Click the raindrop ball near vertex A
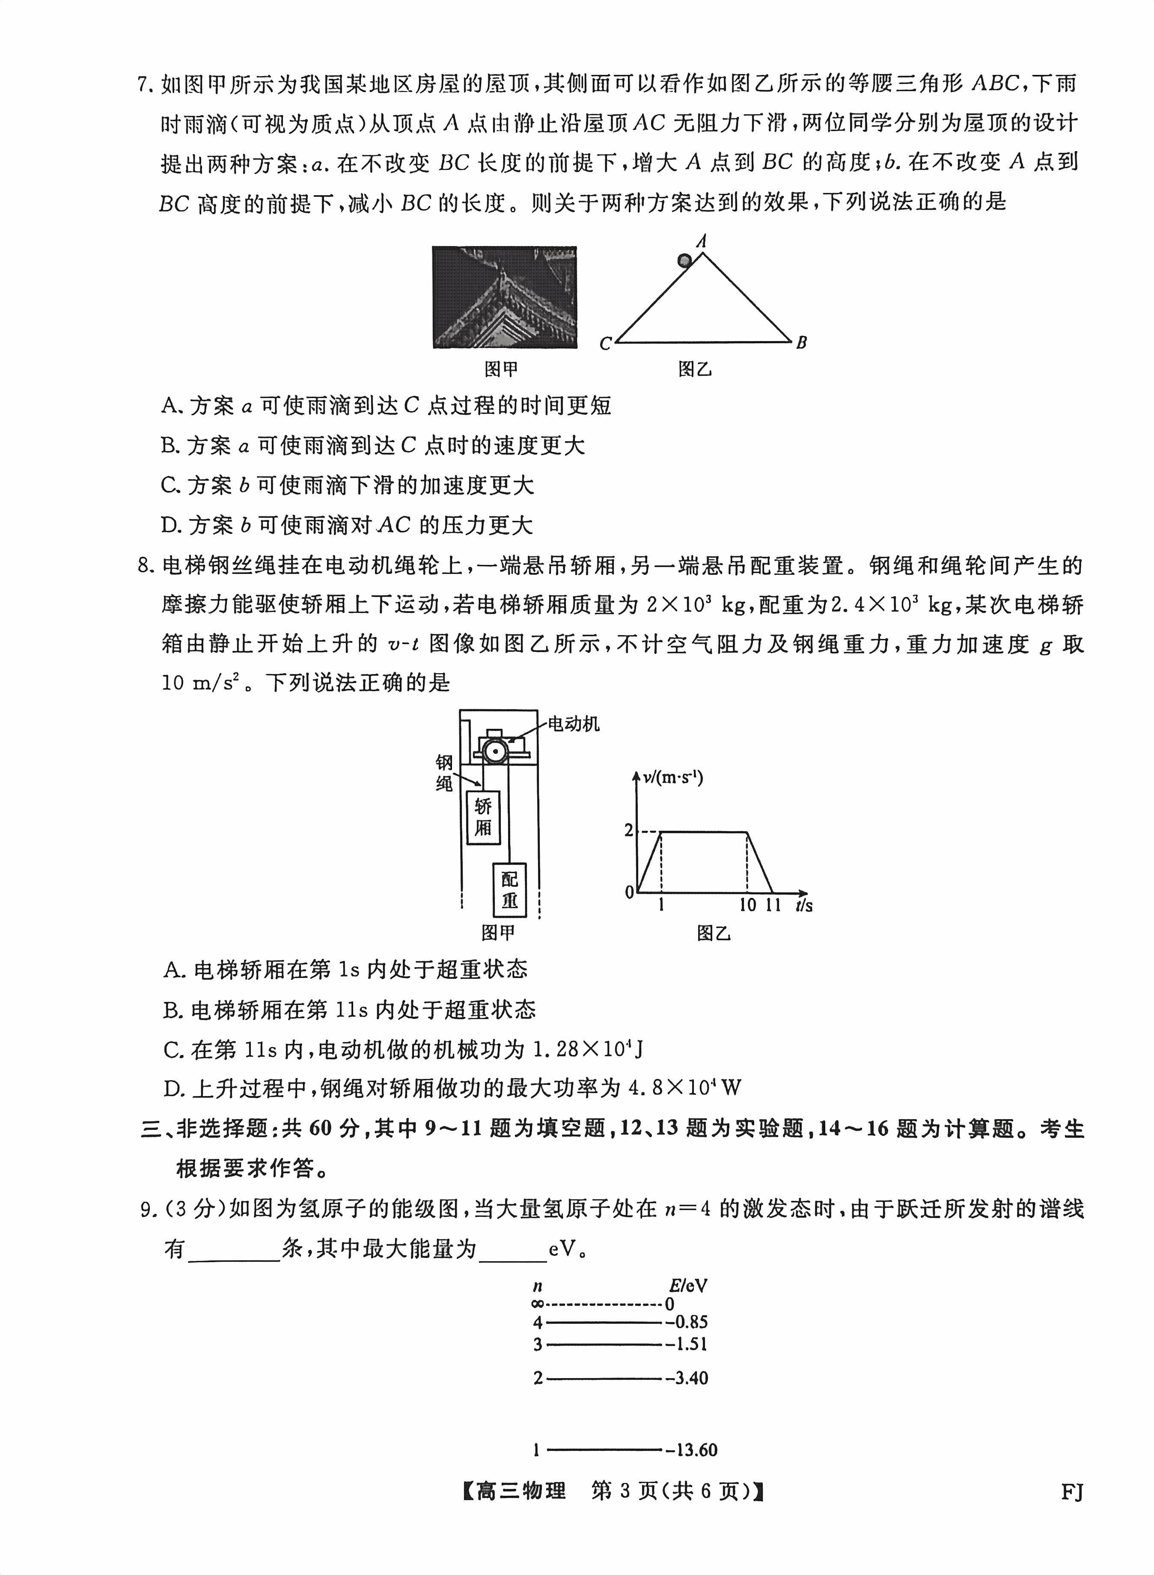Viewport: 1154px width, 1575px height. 684,261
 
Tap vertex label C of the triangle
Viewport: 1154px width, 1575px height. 605,344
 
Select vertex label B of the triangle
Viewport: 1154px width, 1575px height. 801,342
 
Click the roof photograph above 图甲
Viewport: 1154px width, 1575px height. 504,297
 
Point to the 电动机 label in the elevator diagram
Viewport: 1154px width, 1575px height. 573,724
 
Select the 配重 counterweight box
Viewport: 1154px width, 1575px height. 509,890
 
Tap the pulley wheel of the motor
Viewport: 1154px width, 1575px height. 496,751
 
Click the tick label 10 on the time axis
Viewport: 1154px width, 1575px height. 747,905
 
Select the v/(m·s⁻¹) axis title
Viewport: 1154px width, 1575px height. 673,777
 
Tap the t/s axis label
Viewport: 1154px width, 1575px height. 803,905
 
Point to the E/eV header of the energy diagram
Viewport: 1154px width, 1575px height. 687,1285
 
